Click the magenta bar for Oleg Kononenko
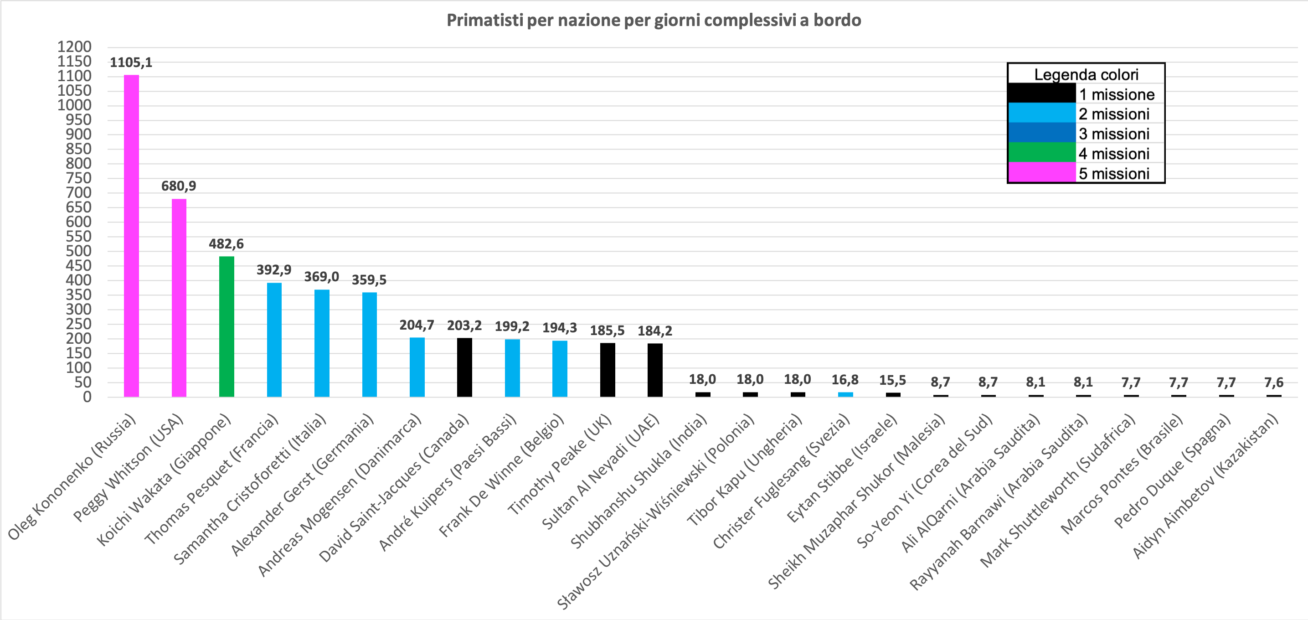[132, 236]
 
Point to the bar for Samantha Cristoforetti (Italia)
[322, 343]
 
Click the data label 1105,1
[131, 62]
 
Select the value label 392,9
[274, 269]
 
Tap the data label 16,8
[845, 379]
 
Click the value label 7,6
[1273, 382]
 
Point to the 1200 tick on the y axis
[74, 46]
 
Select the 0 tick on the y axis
[88, 397]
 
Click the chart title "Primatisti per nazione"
[654, 21]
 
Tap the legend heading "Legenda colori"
[1086, 75]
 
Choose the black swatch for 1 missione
[1041, 94]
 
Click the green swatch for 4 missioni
[1041, 153]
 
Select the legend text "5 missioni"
[1114, 174]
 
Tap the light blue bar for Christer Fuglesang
[845, 394]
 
